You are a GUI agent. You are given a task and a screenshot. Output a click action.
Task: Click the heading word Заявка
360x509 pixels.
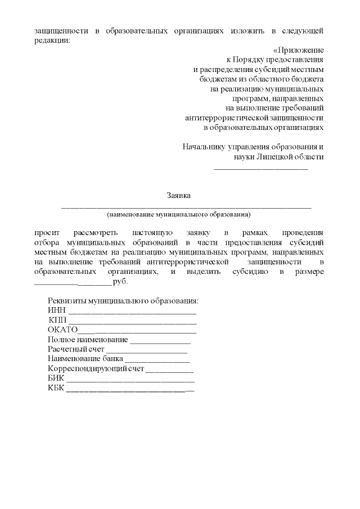(179, 196)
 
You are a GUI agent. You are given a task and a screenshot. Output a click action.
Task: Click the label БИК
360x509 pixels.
(56, 379)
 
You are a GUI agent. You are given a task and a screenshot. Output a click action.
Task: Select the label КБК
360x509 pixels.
(56, 389)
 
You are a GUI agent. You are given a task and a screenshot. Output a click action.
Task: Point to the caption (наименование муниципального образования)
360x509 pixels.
(179, 214)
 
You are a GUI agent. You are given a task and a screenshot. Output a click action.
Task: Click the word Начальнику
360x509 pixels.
(203, 147)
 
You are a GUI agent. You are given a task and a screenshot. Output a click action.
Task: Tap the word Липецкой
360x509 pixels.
(275, 157)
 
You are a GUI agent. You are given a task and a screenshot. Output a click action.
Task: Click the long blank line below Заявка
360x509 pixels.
(186, 208)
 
